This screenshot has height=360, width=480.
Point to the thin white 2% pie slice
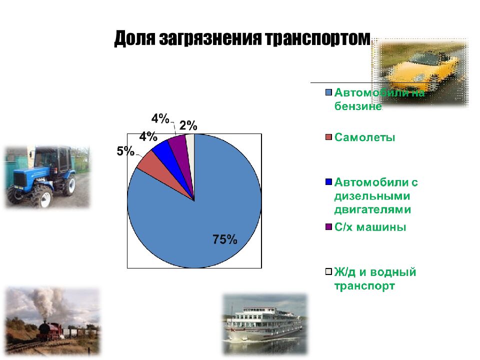pyautogui.click(x=190, y=142)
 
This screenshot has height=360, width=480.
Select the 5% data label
pyautogui.click(x=125, y=151)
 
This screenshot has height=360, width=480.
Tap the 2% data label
pyautogui.click(x=188, y=126)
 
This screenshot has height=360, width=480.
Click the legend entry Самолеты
pyautogui.click(x=364, y=137)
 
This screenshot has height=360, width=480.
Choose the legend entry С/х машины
pyautogui.click(x=370, y=227)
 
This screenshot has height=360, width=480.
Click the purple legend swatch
pyautogui.click(x=328, y=227)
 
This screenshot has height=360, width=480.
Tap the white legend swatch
pyautogui.click(x=328, y=272)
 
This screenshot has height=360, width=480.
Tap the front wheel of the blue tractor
pyautogui.click(x=43, y=198)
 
